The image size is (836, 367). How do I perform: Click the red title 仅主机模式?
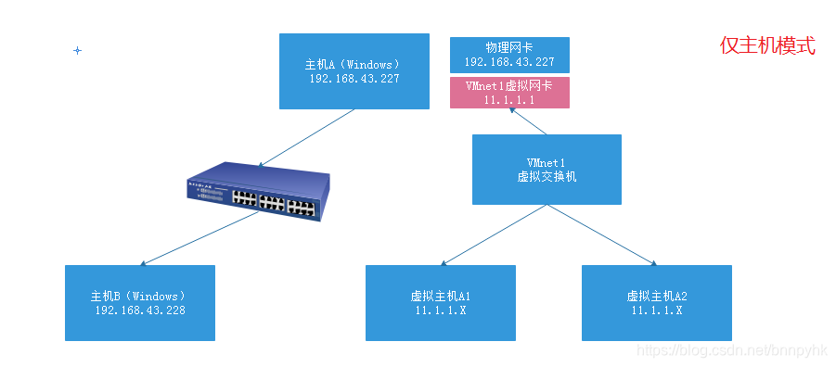click(x=767, y=45)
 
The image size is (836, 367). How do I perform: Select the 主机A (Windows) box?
click(x=354, y=70)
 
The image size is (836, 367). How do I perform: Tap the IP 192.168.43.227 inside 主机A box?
click(x=354, y=79)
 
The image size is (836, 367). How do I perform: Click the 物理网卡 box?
click(x=508, y=55)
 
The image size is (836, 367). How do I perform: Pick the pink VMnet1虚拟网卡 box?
click(x=508, y=92)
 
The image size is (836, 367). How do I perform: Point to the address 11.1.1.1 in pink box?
click(x=508, y=99)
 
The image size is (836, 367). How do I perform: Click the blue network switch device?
click(x=257, y=191)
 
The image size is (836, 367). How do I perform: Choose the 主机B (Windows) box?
click(x=139, y=302)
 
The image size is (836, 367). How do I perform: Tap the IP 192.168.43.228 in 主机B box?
click(x=139, y=310)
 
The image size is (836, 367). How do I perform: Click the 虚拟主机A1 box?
click(x=440, y=302)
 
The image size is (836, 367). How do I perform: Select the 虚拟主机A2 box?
click(x=656, y=302)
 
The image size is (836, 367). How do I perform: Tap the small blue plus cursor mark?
click(x=77, y=50)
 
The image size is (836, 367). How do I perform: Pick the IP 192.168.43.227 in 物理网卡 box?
click(x=508, y=62)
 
